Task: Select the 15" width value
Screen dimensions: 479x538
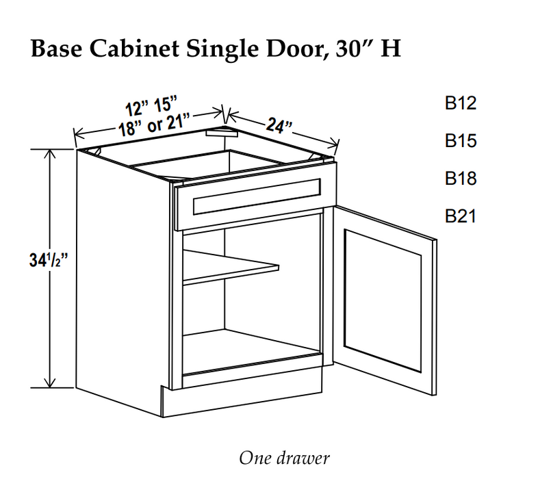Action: tap(165, 103)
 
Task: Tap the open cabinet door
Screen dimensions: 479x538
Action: tap(387, 301)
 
